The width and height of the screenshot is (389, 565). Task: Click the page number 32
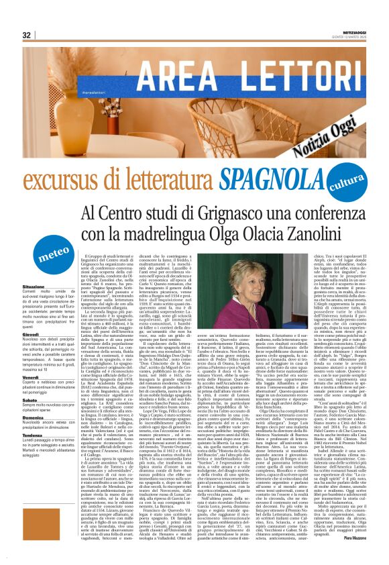click(x=27, y=35)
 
